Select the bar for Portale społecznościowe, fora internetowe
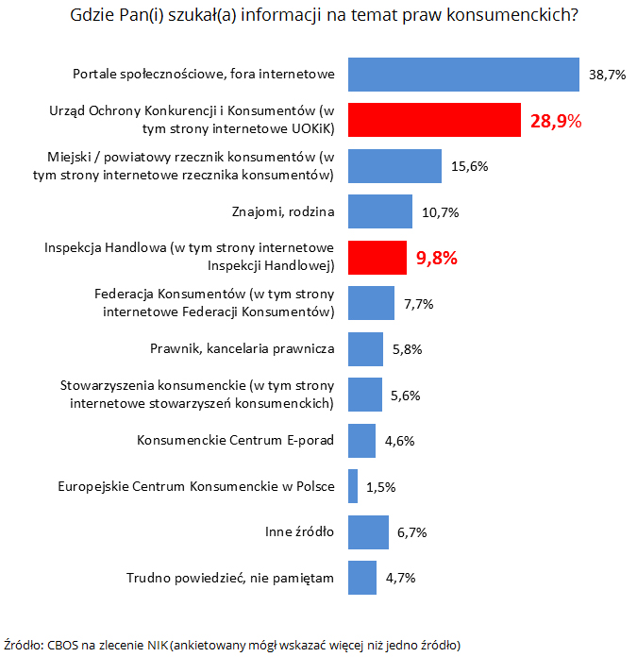(x=463, y=75)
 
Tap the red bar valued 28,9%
(x=435, y=120)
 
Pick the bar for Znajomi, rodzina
(x=380, y=211)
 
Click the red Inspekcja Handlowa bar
(x=377, y=257)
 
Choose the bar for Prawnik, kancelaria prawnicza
(x=366, y=349)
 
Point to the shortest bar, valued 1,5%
(x=353, y=487)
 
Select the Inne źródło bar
(x=369, y=532)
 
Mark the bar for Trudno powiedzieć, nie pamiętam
(x=363, y=578)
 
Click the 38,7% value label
(x=608, y=75)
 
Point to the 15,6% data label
(x=469, y=166)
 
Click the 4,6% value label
(x=399, y=441)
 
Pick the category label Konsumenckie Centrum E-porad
(x=235, y=441)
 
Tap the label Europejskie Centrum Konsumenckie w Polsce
(x=195, y=487)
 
